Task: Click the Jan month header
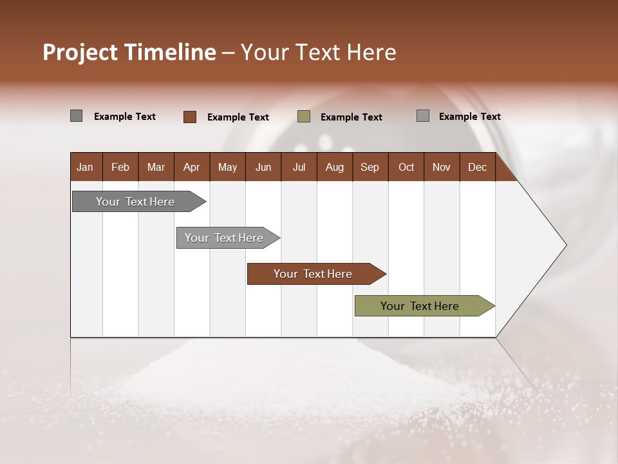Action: coord(85,168)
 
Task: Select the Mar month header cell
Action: coord(156,168)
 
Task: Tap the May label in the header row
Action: coord(227,168)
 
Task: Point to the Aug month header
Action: coord(334,168)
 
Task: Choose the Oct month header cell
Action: coord(406,168)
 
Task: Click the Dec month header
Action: coord(477,168)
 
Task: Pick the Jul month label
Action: coord(299,168)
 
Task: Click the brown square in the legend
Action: coord(190,117)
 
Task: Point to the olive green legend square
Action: coord(304,117)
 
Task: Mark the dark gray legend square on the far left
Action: coord(76,116)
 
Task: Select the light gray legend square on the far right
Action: coord(423,116)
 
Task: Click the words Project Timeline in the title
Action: coord(129,52)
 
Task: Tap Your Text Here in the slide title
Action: coord(318,52)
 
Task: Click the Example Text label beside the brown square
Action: coord(238,117)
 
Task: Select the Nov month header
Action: coord(442,168)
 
